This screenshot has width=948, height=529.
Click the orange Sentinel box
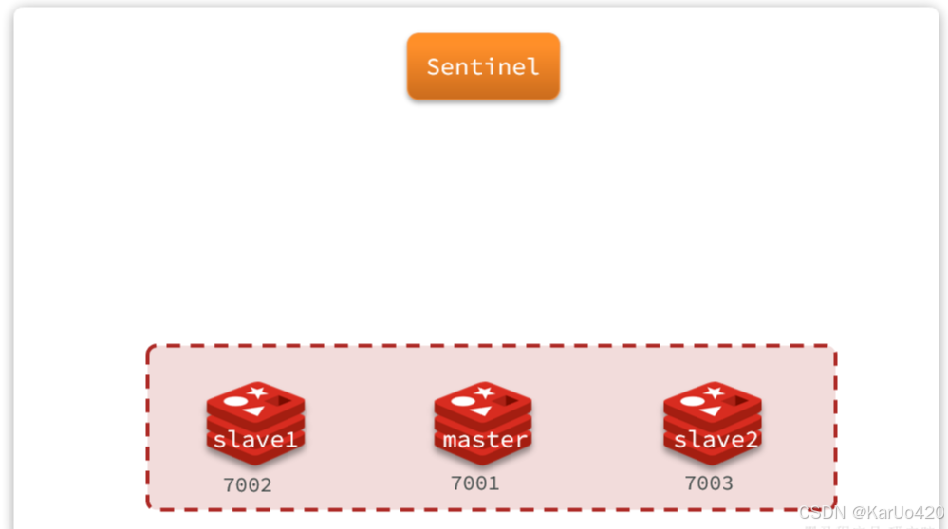[x=483, y=66]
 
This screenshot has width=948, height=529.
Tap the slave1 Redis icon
[x=255, y=422]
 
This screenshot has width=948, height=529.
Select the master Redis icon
[x=483, y=422]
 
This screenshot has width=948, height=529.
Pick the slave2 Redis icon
[x=712, y=422]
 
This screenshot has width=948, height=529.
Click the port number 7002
[x=248, y=485]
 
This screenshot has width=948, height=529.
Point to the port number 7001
[x=474, y=483]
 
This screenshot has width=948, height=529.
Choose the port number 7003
[x=709, y=483]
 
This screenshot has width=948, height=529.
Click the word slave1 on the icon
[x=255, y=441]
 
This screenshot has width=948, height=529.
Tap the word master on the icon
[x=484, y=440]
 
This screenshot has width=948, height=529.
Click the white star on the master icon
[x=485, y=392]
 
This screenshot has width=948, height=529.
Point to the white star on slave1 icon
[x=257, y=392]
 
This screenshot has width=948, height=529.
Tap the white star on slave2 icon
[x=714, y=392]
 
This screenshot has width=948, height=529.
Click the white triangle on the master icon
[x=481, y=411]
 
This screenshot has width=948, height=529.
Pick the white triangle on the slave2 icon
[x=710, y=411]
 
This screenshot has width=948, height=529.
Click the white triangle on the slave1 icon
[x=253, y=411]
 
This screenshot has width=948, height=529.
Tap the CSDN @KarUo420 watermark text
[x=871, y=512]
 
